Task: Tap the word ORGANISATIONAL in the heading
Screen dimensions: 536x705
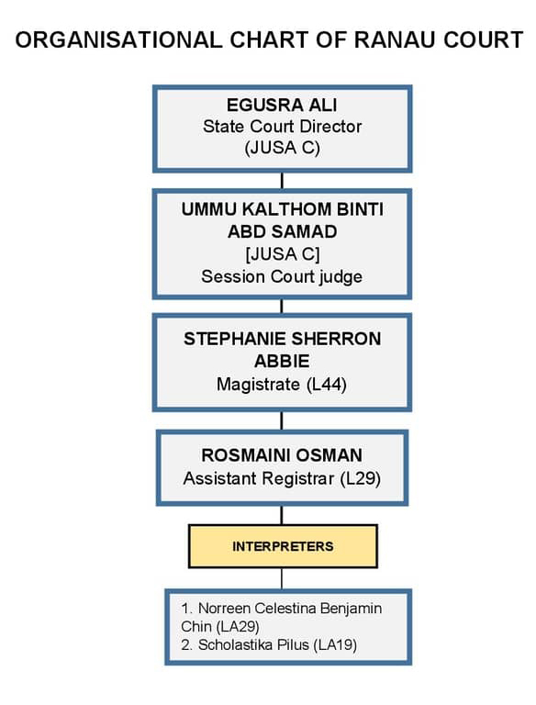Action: click(x=118, y=40)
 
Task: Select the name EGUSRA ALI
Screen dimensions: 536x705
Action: click(x=282, y=105)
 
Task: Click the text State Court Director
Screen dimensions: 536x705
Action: click(x=282, y=127)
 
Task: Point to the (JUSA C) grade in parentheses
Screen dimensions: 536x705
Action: click(x=282, y=148)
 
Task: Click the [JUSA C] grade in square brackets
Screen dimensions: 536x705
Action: click(x=283, y=254)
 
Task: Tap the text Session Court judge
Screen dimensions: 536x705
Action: click(x=282, y=276)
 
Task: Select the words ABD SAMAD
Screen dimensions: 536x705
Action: click(x=282, y=231)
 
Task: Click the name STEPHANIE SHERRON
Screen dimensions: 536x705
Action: click(x=282, y=339)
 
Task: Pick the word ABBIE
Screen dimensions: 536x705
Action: click(x=282, y=361)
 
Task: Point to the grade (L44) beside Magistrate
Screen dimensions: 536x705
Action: click(x=327, y=385)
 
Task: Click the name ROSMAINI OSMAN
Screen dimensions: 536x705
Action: click(x=282, y=455)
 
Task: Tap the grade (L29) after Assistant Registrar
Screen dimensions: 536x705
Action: click(x=360, y=478)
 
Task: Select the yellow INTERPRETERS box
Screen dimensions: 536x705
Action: click(x=283, y=546)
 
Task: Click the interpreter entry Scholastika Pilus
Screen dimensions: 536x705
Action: click(x=247, y=644)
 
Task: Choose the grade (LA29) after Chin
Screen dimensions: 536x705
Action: click(x=238, y=626)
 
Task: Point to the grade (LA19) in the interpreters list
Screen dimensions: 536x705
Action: click(x=335, y=644)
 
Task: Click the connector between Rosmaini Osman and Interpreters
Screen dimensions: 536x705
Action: click(x=282, y=515)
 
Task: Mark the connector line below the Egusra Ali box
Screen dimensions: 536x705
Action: click(x=282, y=181)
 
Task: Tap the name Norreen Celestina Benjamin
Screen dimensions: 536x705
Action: click(x=290, y=609)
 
